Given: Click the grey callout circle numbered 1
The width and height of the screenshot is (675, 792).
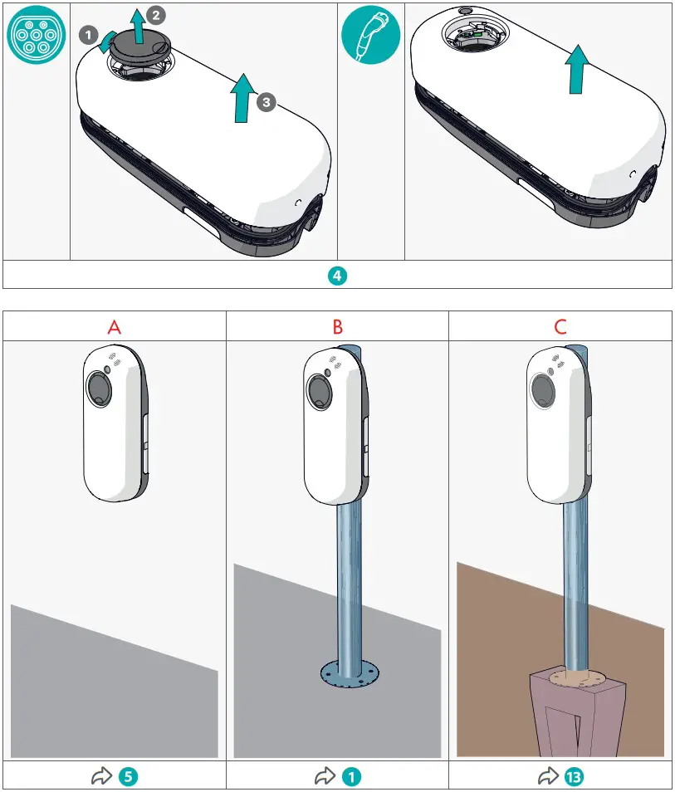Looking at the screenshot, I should point(88,34).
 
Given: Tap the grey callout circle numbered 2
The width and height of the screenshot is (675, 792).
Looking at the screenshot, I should point(155,14).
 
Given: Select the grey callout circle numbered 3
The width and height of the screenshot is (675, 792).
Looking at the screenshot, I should point(264,102).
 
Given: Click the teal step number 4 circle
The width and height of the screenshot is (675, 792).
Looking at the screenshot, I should point(337,276).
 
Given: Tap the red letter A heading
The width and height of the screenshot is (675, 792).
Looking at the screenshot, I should point(115,327).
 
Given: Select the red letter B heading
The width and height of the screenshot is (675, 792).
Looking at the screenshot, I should point(337,327).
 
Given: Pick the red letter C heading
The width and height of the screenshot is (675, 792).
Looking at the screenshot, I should point(560,327).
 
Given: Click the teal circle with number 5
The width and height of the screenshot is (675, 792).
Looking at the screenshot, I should point(127,777).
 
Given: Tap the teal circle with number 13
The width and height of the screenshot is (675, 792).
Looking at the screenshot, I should point(572,777).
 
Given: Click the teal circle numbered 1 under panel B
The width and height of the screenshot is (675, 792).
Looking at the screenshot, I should point(350,777).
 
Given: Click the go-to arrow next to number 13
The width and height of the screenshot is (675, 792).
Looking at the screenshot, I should point(547,777).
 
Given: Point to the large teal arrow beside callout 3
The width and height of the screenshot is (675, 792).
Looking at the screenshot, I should point(242,97).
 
